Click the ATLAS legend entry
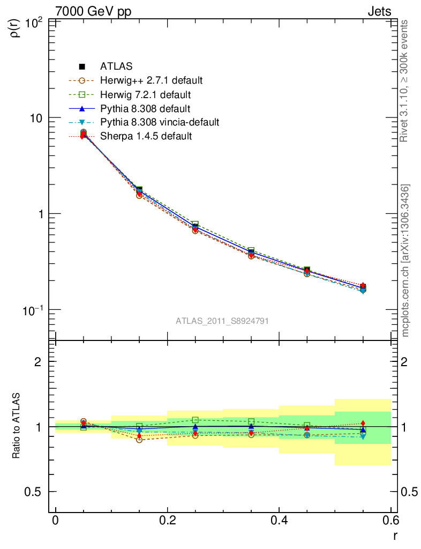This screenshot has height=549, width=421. (x=116, y=66)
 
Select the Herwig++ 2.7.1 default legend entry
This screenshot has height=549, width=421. (x=151, y=80)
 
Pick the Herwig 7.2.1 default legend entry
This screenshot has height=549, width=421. (x=145, y=94)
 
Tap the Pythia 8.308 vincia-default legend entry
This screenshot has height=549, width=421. (x=159, y=122)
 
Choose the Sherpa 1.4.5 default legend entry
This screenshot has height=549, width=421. (x=146, y=136)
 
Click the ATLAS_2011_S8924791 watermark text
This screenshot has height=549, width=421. (x=222, y=321)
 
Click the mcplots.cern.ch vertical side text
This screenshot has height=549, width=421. (x=405, y=260)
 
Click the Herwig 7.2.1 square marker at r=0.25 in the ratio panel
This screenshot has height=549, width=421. (x=196, y=420)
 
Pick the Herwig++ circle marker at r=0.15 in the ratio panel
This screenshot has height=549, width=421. (x=139, y=439)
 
